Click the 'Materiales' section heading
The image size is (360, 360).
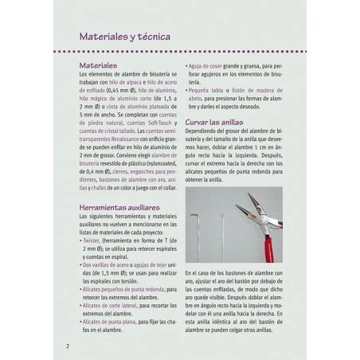click(99, 65)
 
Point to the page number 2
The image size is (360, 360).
click(68, 346)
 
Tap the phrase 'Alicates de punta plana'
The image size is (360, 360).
click(112, 321)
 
